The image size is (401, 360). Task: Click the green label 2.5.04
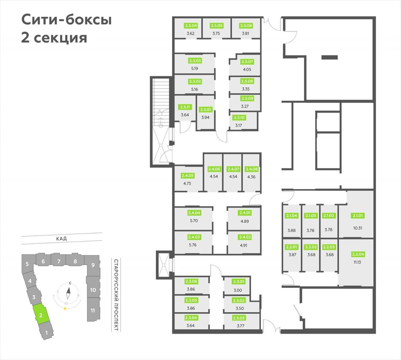191,25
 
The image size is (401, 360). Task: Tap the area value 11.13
357,262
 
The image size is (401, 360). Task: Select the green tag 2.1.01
358,215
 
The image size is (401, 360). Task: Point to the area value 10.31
358,228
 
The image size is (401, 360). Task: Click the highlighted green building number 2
40,315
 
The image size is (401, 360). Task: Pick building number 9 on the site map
93,265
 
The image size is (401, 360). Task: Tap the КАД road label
61,239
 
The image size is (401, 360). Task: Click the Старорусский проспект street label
116,295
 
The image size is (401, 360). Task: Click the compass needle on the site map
68,293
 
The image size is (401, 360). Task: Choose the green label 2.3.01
238,281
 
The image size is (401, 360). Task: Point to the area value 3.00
238,290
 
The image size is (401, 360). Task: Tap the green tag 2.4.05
188,175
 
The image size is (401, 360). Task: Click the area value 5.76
193,245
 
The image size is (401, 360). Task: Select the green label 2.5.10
239,118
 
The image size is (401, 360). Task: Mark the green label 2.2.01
291,247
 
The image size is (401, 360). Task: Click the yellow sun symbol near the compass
65,308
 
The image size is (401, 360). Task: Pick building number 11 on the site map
93,310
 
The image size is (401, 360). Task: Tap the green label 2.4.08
252,169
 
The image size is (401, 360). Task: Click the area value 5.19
194,69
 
